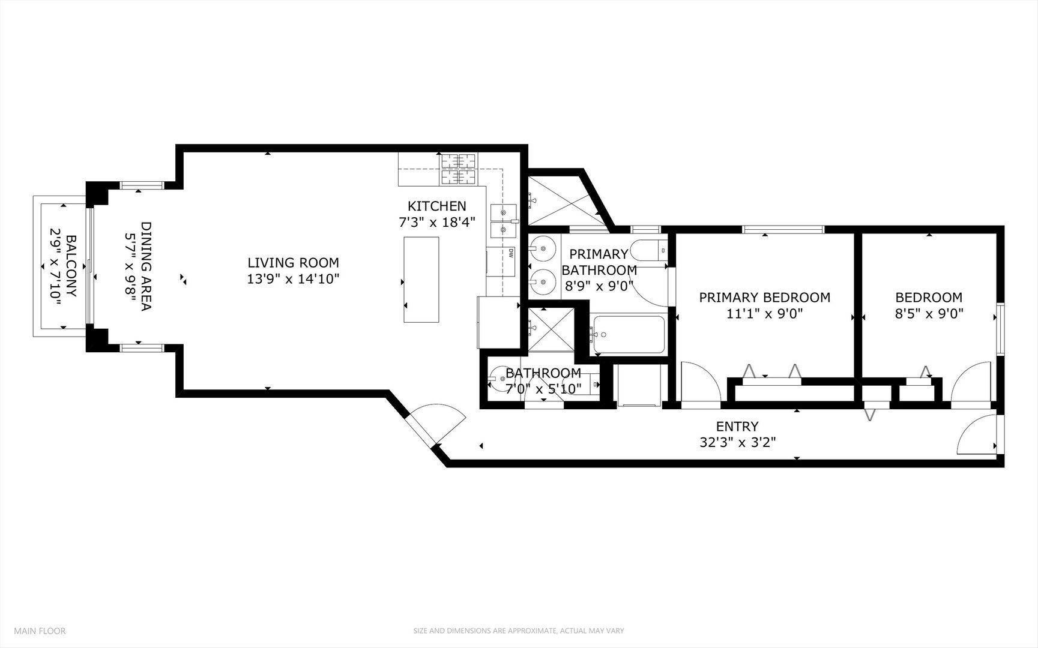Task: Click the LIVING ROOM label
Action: [293, 263]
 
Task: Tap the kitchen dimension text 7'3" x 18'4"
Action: [437, 222]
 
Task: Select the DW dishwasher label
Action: [510, 253]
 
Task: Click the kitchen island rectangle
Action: [421, 280]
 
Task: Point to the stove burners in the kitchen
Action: [459, 169]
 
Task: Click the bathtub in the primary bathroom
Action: [627, 335]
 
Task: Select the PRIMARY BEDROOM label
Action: [764, 298]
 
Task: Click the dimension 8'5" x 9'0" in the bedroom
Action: [929, 314]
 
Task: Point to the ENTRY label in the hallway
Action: [737, 427]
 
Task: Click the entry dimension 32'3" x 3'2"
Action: [737, 443]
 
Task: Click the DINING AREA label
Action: [146, 266]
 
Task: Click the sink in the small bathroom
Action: [498, 379]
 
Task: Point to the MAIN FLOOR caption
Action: [40, 631]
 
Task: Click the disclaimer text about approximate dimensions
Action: [518, 631]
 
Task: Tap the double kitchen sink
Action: [503, 221]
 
